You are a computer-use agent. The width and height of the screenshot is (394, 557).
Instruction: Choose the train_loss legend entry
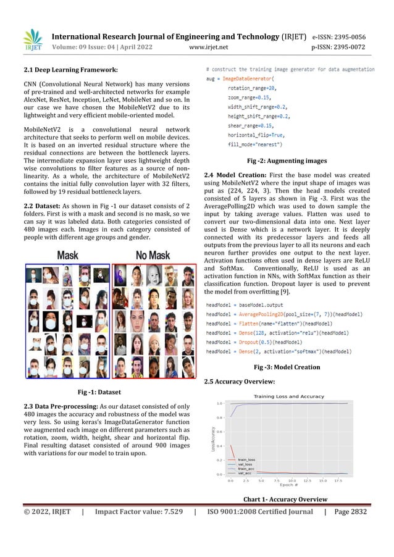coord(246,459)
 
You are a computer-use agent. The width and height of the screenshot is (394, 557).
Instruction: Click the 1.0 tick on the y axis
coord(219,403)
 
